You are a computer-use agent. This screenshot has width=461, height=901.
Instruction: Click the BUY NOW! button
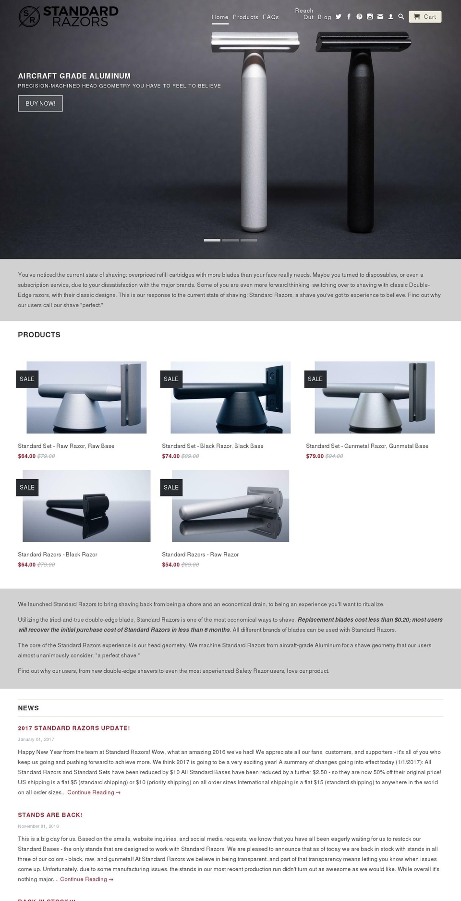(40, 103)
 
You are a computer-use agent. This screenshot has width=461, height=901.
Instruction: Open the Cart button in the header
(425, 17)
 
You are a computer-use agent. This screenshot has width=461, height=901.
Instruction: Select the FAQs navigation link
(271, 17)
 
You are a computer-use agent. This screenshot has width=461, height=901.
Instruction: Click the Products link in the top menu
(245, 17)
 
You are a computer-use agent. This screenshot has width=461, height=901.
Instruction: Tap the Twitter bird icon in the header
(339, 17)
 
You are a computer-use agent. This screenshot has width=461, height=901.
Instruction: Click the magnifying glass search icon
(401, 17)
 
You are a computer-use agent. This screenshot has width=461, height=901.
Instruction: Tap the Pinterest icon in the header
(359, 17)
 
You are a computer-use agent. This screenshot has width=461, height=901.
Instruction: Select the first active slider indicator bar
(212, 240)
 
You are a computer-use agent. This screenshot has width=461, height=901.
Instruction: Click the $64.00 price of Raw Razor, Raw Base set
(27, 457)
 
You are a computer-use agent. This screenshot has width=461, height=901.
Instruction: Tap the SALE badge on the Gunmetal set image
(315, 379)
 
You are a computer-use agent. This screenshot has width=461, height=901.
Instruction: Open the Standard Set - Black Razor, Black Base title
(212, 446)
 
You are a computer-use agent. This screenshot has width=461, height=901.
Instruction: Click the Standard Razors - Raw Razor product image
(230, 506)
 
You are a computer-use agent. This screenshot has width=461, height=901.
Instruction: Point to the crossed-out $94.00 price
(334, 457)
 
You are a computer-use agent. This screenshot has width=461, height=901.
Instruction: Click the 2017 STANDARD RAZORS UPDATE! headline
(74, 728)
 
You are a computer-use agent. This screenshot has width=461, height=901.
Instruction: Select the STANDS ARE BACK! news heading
(50, 815)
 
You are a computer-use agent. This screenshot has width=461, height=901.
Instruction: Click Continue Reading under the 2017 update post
(94, 792)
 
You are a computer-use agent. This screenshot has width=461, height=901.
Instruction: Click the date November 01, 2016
(38, 827)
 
